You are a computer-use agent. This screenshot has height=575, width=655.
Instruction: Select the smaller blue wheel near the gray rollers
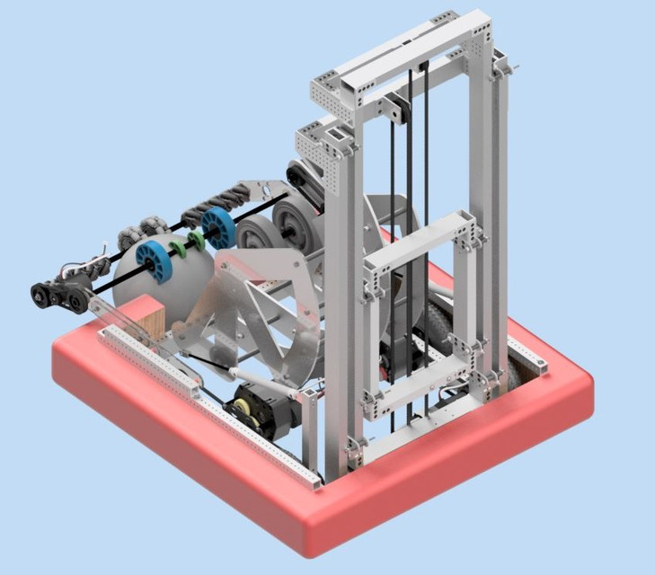coord(217,228)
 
